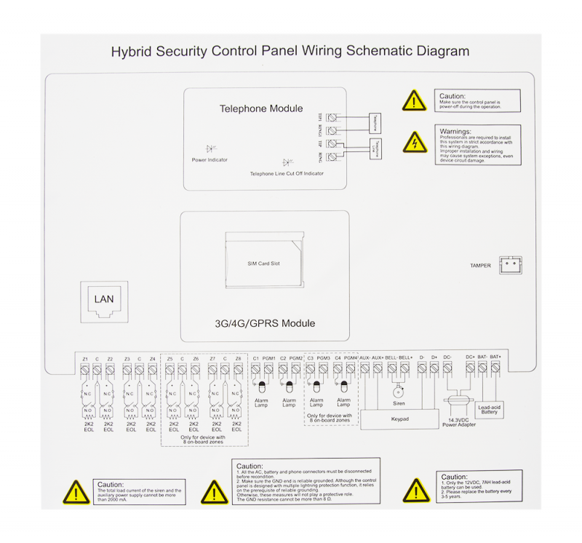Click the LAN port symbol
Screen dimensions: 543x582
(x=104, y=298)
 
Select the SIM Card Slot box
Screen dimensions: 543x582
(x=263, y=263)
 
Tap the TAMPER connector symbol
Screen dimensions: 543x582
(x=510, y=264)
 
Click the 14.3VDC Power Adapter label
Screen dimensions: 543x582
(x=459, y=421)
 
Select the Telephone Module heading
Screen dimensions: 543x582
(x=261, y=109)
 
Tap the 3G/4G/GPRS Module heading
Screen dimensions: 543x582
(x=265, y=323)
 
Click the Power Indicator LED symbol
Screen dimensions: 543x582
(x=210, y=148)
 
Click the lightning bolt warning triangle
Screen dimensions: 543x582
(x=415, y=142)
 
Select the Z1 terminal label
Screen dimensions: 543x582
(x=85, y=359)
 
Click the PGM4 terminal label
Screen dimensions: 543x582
(x=351, y=358)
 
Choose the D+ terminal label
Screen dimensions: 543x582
(x=434, y=358)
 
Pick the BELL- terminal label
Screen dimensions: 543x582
(x=392, y=358)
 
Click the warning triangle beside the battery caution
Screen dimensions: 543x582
(x=416, y=491)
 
